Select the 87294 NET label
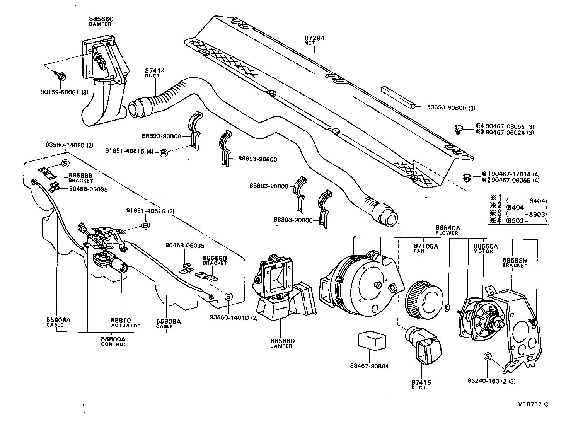coord(314,38)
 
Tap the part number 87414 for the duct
coord(155,71)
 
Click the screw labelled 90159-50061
coord(60,75)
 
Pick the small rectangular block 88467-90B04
coord(370,341)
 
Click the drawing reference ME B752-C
coord(533,404)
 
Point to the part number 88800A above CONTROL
coord(113,339)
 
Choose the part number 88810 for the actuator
coord(121,321)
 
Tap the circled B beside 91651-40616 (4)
coord(164,153)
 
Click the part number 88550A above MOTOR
coord(483,246)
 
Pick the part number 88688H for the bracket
coord(514,261)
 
